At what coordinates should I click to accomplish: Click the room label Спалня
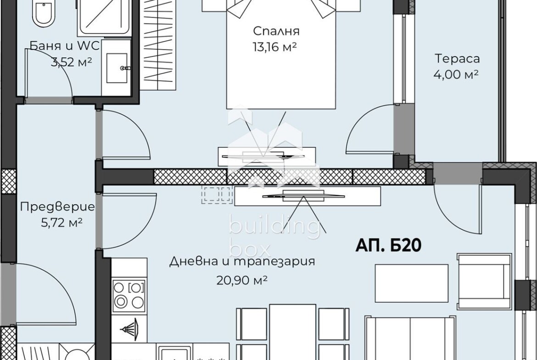tap(276, 31)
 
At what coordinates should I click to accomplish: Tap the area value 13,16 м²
tap(274, 47)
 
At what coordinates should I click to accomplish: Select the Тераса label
tap(457, 59)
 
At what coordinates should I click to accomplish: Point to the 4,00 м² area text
tap(456, 74)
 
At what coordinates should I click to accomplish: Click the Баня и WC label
tap(64, 45)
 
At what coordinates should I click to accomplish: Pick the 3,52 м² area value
tap(71, 62)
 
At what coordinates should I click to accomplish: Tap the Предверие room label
tap(57, 207)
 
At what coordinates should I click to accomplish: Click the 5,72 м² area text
tap(62, 223)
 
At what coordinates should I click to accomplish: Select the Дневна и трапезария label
tap(242, 262)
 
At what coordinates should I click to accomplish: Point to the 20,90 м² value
tap(242, 281)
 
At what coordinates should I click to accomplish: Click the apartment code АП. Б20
tap(388, 245)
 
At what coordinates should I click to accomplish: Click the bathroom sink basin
tap(117, 68)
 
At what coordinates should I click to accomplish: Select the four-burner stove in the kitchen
tap(129, 294)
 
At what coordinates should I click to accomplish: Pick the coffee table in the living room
tap(412, 283)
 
